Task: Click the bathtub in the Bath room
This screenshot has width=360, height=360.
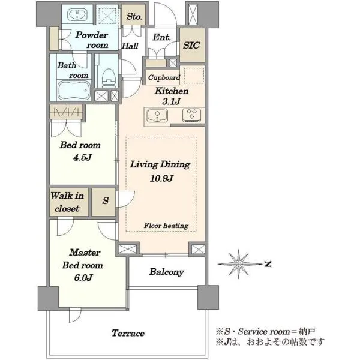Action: [74, 90]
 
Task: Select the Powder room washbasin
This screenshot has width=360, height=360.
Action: [77, 14]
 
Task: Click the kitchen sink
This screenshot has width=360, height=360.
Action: [157, 115]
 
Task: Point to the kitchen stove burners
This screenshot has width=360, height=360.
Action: [191, 115]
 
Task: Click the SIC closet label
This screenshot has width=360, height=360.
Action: [191, 45]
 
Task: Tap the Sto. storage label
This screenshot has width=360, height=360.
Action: [134, 17]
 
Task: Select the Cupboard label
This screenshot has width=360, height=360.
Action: [164, 77]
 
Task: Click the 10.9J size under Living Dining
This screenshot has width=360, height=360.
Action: [161, 178]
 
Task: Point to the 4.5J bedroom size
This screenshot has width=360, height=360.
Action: [82, 157]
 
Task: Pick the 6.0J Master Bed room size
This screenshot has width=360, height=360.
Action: [83, 278]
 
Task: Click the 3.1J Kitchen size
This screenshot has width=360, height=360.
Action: [171, 101]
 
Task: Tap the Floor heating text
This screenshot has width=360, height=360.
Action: [166, 226]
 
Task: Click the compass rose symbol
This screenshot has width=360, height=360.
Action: [239, 264]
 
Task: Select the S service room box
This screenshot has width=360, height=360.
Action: [104, 202]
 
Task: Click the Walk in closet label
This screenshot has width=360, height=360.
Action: [67, 202]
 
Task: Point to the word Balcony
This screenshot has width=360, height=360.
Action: [167, 272]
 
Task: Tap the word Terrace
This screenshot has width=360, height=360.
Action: [128, 333]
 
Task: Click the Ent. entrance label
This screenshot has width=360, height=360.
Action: [161, 37]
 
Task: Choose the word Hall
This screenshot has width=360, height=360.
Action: [130, 46]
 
